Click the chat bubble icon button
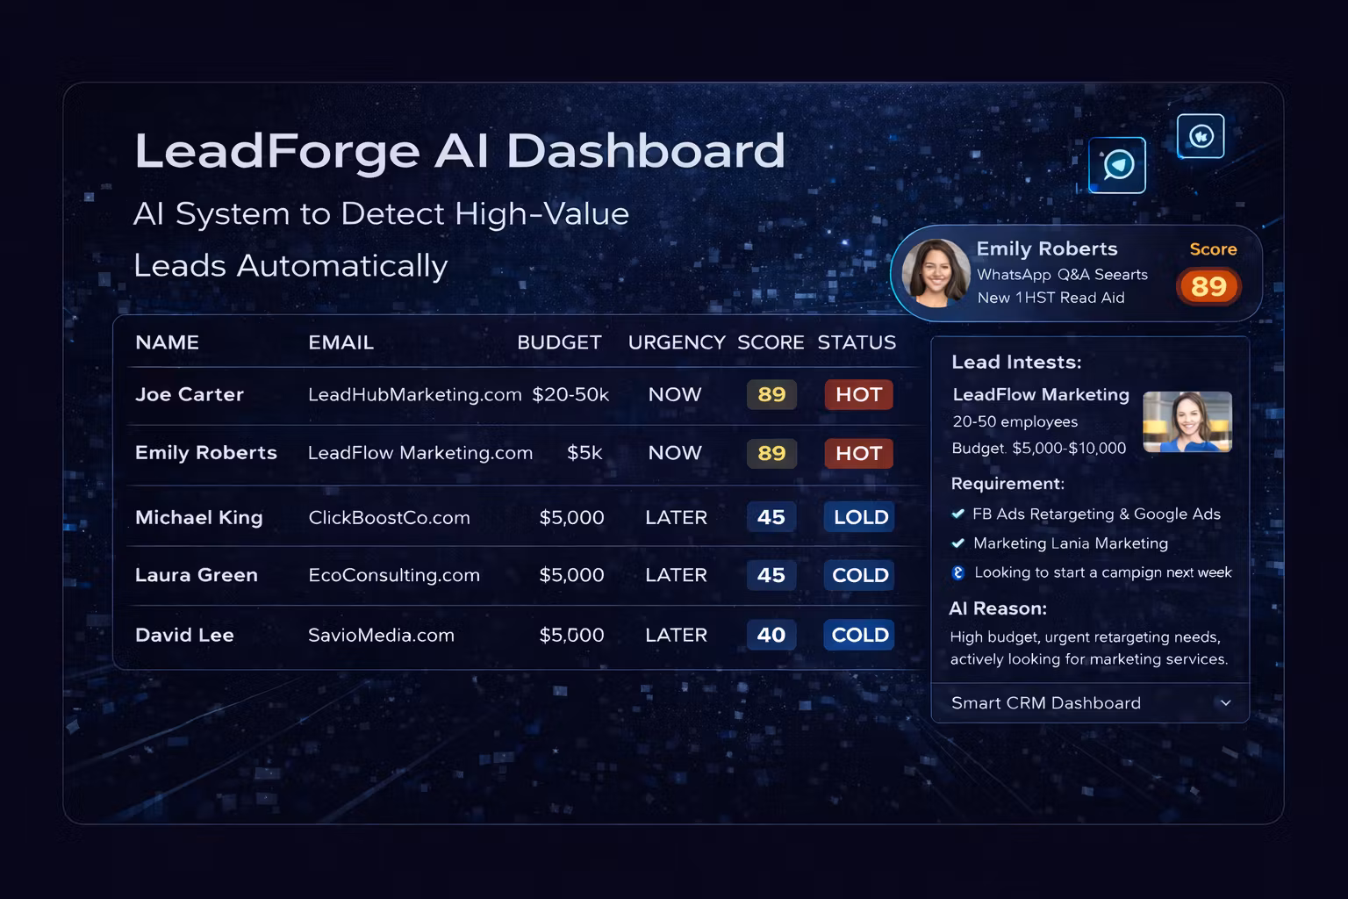point(1117,165)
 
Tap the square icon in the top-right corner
point(1201,136)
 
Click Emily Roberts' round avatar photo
point(936,273)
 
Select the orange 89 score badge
point(1208,286)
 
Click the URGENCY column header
point(676,342)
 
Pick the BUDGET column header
point(559,342)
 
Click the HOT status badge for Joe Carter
point(858,394)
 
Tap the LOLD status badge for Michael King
point(859,517)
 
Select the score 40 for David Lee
point(771,635)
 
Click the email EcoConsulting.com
point(394,575)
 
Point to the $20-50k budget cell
point(570,394)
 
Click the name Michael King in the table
point(199,517)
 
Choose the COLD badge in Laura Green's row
point(859,575)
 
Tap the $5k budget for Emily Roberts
point(584,453)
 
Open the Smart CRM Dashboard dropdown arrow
point(1226,703)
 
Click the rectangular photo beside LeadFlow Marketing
point(1187,422)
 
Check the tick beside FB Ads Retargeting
point(958,514)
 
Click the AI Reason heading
point(998,608)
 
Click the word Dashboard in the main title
point(645,150)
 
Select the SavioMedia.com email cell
point(381,635)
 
